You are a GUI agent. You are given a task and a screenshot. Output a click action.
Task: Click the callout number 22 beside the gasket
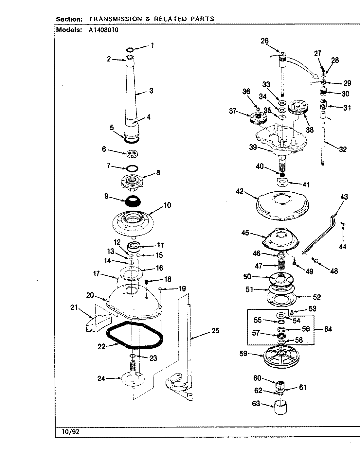tap(101, 347)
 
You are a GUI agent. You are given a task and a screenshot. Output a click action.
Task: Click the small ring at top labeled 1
tap(130, 50)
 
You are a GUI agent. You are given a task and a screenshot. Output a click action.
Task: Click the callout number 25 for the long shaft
tap(215, 330)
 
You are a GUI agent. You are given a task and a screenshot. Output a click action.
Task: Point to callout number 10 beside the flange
tap(167, 205)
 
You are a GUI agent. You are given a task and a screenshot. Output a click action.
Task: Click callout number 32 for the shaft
tap(343, 149)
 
